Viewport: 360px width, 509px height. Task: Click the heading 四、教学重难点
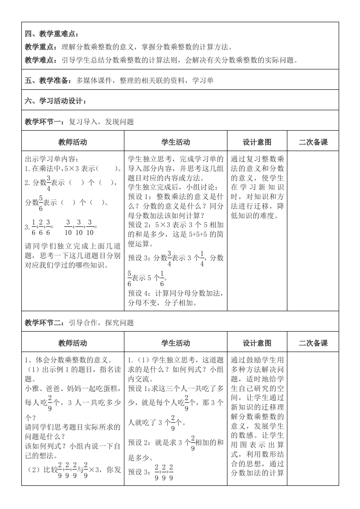[x=51, y=34]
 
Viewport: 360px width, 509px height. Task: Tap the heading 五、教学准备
[x=48, y=81]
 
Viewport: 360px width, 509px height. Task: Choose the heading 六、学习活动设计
[x=55, y=101]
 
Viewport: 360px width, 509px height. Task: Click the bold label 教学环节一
[x=44, y=122]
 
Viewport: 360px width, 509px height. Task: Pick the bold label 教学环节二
[x=44, y=323]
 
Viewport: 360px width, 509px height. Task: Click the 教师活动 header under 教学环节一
[x=73, y=142]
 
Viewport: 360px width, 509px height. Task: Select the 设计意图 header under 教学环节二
[x=257, y=343]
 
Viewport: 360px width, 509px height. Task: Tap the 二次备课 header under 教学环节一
[x=313, y=142]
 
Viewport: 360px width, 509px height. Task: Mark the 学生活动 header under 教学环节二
[x=175, y=343]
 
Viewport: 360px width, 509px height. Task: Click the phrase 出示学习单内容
[x=52, y=159]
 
